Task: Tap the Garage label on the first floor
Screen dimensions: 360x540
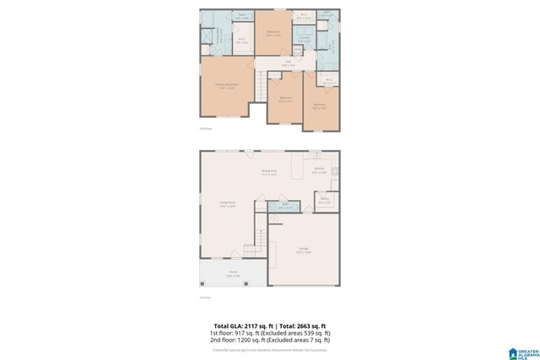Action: coord(304,250)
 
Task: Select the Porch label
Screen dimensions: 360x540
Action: coord(233,274)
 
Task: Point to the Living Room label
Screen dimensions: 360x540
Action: coord(227,204)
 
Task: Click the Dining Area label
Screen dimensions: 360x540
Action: coord(269,173)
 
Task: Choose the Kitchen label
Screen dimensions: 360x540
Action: coord(320,170)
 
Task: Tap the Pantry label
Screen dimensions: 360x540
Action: coord(324,201)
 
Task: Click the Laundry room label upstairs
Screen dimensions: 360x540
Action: coord(304,37)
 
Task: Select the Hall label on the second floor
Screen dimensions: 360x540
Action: coord(287,63)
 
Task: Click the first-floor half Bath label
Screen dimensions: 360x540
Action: coord(285,206)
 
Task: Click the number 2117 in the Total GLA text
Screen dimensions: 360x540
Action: coord(250,325)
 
